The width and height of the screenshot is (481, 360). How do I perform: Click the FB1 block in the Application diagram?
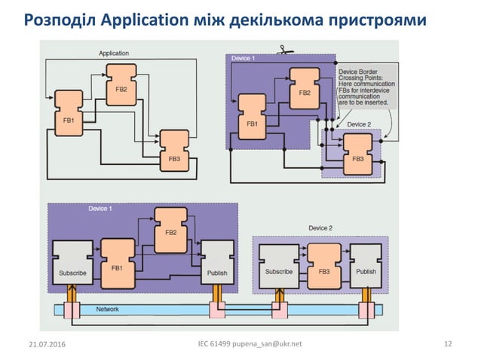(x=67, y=114)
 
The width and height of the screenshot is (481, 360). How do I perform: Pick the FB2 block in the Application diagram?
(x=121, y=84)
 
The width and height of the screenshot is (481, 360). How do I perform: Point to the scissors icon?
(x=283, y=51)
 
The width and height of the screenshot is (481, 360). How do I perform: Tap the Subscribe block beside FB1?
(x=72, y=263)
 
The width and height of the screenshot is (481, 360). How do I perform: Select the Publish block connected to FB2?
(x=216, y=263)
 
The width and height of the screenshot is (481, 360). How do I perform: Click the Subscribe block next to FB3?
(x=278, y=265)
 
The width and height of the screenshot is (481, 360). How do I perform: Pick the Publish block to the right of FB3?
(x=366, y=265)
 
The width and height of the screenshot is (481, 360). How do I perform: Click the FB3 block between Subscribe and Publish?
(x=323, y=265)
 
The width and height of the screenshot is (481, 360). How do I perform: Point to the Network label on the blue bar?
(x=107, y=309)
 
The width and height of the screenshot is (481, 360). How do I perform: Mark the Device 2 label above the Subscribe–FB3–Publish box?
(x=320, y=227)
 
